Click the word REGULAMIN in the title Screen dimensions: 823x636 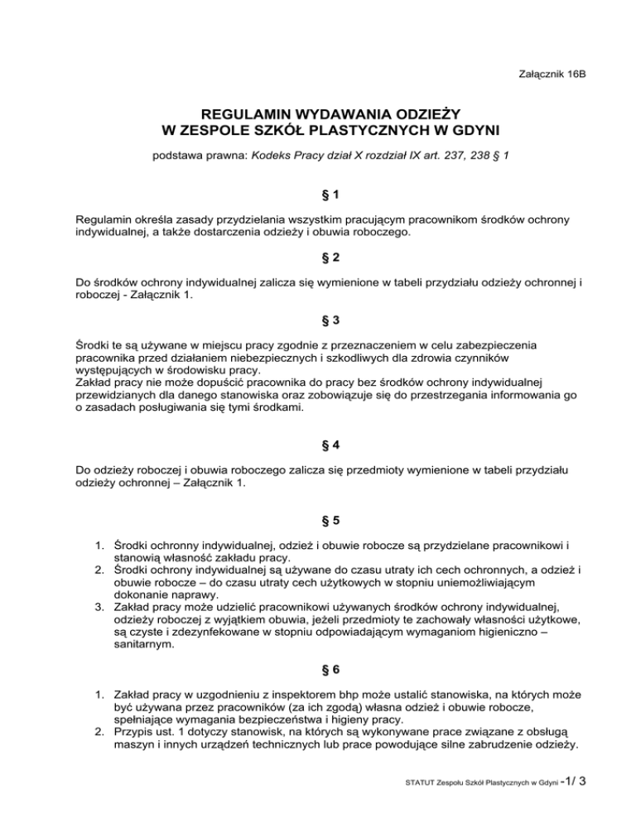pyautogui.click(x=234, y=113)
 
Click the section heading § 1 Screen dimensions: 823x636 pyautogui.click(x=318, y=197)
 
